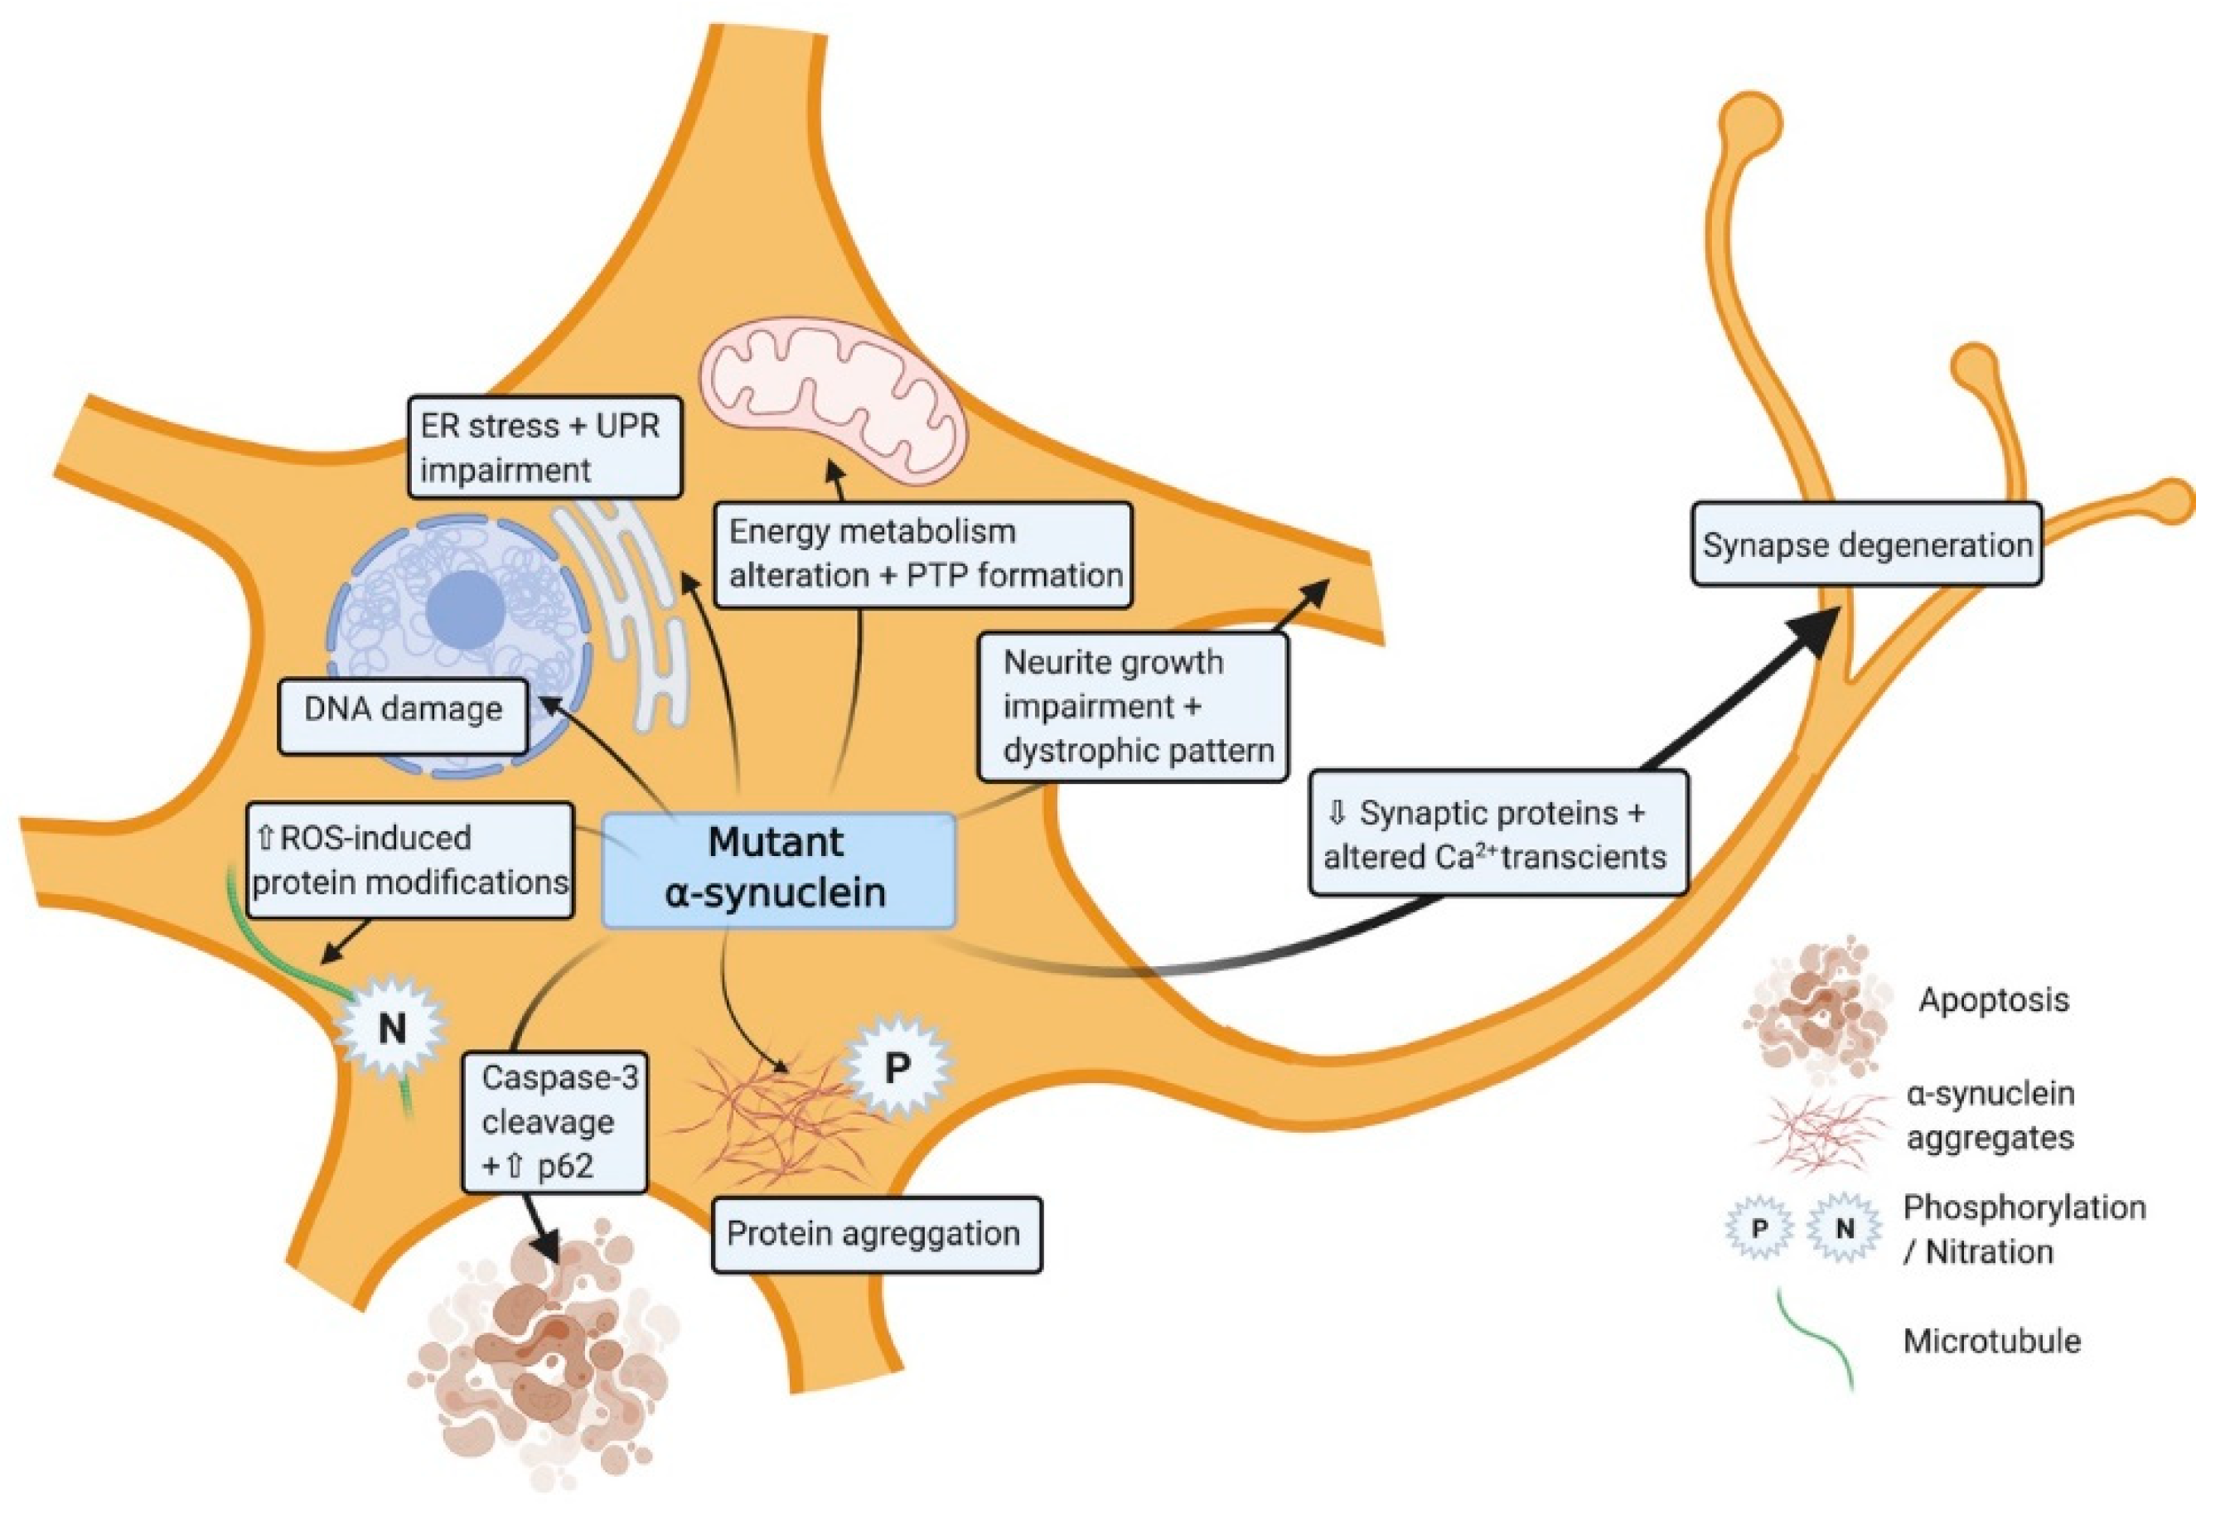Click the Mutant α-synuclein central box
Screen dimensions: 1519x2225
(x=777, y=869)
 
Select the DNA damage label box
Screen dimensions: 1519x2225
(x=402, y=710)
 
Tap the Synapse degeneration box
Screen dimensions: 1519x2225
(x=1866, y=544)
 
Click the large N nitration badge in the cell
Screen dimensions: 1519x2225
(x=392, y=1029)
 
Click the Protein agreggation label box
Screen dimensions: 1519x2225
(x=875, y=1234)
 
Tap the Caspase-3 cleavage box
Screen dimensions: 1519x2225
(x=555, y=1122)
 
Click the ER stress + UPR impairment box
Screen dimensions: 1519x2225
(x=544, y=447)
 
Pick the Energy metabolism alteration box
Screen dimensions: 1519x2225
(x=923, y=554)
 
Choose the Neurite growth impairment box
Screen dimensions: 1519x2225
(x=1132, y=706)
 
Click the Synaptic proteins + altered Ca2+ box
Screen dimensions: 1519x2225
(x=1497, y=834)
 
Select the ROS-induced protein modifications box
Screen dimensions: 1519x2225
(x=411, y=859)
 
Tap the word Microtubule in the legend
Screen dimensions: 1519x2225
(x=1991, y=1341)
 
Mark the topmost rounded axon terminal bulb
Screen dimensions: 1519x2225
(x=1752, y=123)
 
